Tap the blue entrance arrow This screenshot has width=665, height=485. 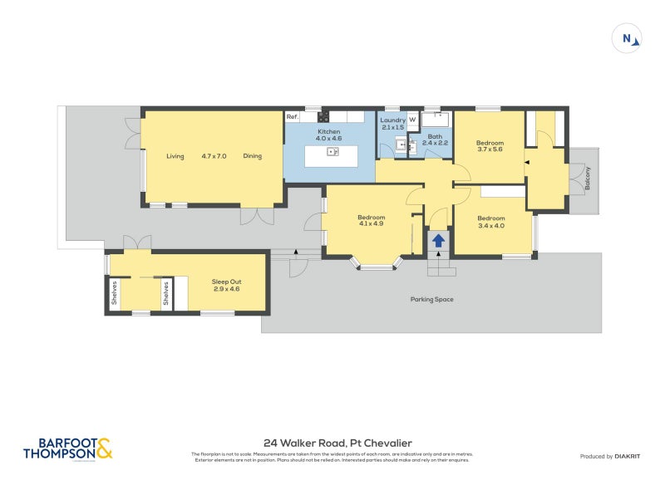438,241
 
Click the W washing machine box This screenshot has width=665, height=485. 411,120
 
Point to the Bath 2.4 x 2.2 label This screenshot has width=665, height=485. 435,140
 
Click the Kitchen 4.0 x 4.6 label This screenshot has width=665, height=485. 330,135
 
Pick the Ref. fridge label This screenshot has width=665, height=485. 292,117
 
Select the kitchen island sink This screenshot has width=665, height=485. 332,152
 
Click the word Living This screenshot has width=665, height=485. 175,156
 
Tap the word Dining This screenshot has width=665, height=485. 253,156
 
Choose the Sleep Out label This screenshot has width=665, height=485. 225,286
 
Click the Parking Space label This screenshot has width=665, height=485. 432,299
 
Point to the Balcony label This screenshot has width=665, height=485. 588,180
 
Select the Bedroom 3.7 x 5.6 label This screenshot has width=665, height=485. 490,146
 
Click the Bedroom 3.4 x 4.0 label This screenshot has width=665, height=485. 490,222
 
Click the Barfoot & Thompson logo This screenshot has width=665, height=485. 67,448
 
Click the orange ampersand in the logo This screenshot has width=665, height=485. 103,448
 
